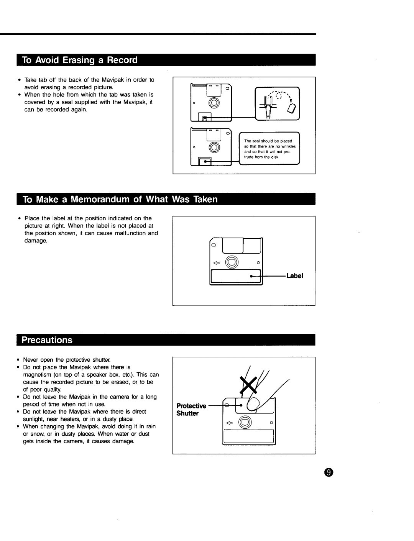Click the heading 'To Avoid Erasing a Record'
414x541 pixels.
coord(80,61)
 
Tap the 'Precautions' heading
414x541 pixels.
coord(47,340)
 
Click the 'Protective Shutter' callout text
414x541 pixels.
coord(191,410)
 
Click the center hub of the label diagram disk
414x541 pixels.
coord(231,262)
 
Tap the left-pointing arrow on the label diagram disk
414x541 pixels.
coord(217,262)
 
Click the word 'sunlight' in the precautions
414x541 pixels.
coord(33,419)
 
